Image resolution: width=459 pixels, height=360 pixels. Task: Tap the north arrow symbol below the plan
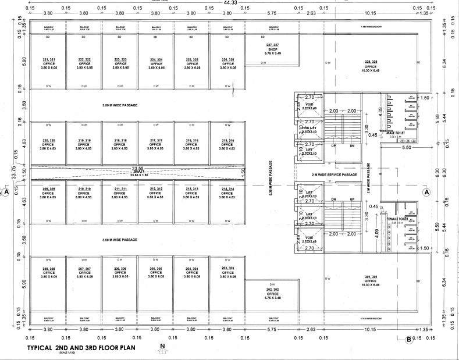pos(162,349)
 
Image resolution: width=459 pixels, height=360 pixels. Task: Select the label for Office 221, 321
pos(48,63)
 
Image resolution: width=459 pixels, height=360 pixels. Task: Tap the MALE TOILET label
pos(395,133)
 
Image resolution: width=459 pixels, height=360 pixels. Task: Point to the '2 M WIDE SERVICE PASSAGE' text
pos(325,174)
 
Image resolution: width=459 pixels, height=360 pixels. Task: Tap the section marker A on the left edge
pos(6,191)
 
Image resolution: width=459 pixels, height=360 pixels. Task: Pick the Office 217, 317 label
pos(156,144)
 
